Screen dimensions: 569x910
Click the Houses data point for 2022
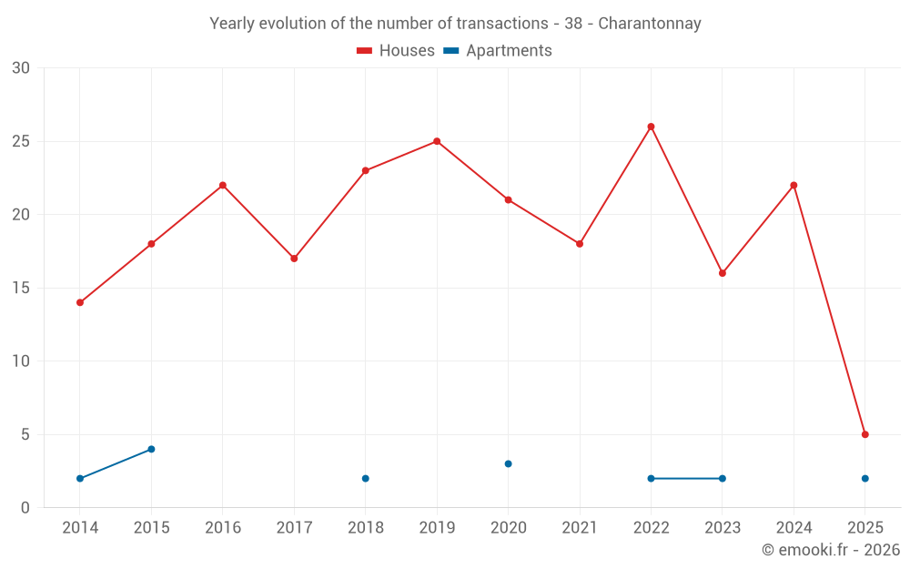(x=651, y=127)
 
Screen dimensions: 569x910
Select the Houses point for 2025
(x=864, y=434)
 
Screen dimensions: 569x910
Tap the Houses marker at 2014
(x=80, y=302)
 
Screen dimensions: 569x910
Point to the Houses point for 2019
(x=437, y=141)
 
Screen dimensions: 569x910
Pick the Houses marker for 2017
(x=294, y=259)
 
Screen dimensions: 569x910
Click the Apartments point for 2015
(x=151, y=449)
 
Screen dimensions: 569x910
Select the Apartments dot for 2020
(x=508, y=463)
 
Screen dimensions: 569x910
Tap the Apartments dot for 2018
(x=365, y=478)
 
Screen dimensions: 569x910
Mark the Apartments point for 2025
(x=864, y=478)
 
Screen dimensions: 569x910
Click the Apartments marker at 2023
(x=723, y=478)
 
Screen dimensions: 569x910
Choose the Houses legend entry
(x=396, y=51)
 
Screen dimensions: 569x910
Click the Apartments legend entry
(x=498, y=51)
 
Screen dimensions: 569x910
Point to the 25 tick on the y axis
(x=21, y=141)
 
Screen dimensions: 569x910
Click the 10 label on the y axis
(x=21, y=361)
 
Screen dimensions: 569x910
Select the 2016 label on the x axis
(x=223, y=527)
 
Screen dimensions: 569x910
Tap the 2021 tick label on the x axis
(x=580, y=527)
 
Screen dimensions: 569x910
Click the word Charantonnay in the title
(x=650, y=24)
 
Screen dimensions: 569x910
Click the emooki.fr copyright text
(x=831, y=550)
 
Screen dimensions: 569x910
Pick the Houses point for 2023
(x=723, y=273)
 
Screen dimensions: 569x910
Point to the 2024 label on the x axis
(x=794, y=527)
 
